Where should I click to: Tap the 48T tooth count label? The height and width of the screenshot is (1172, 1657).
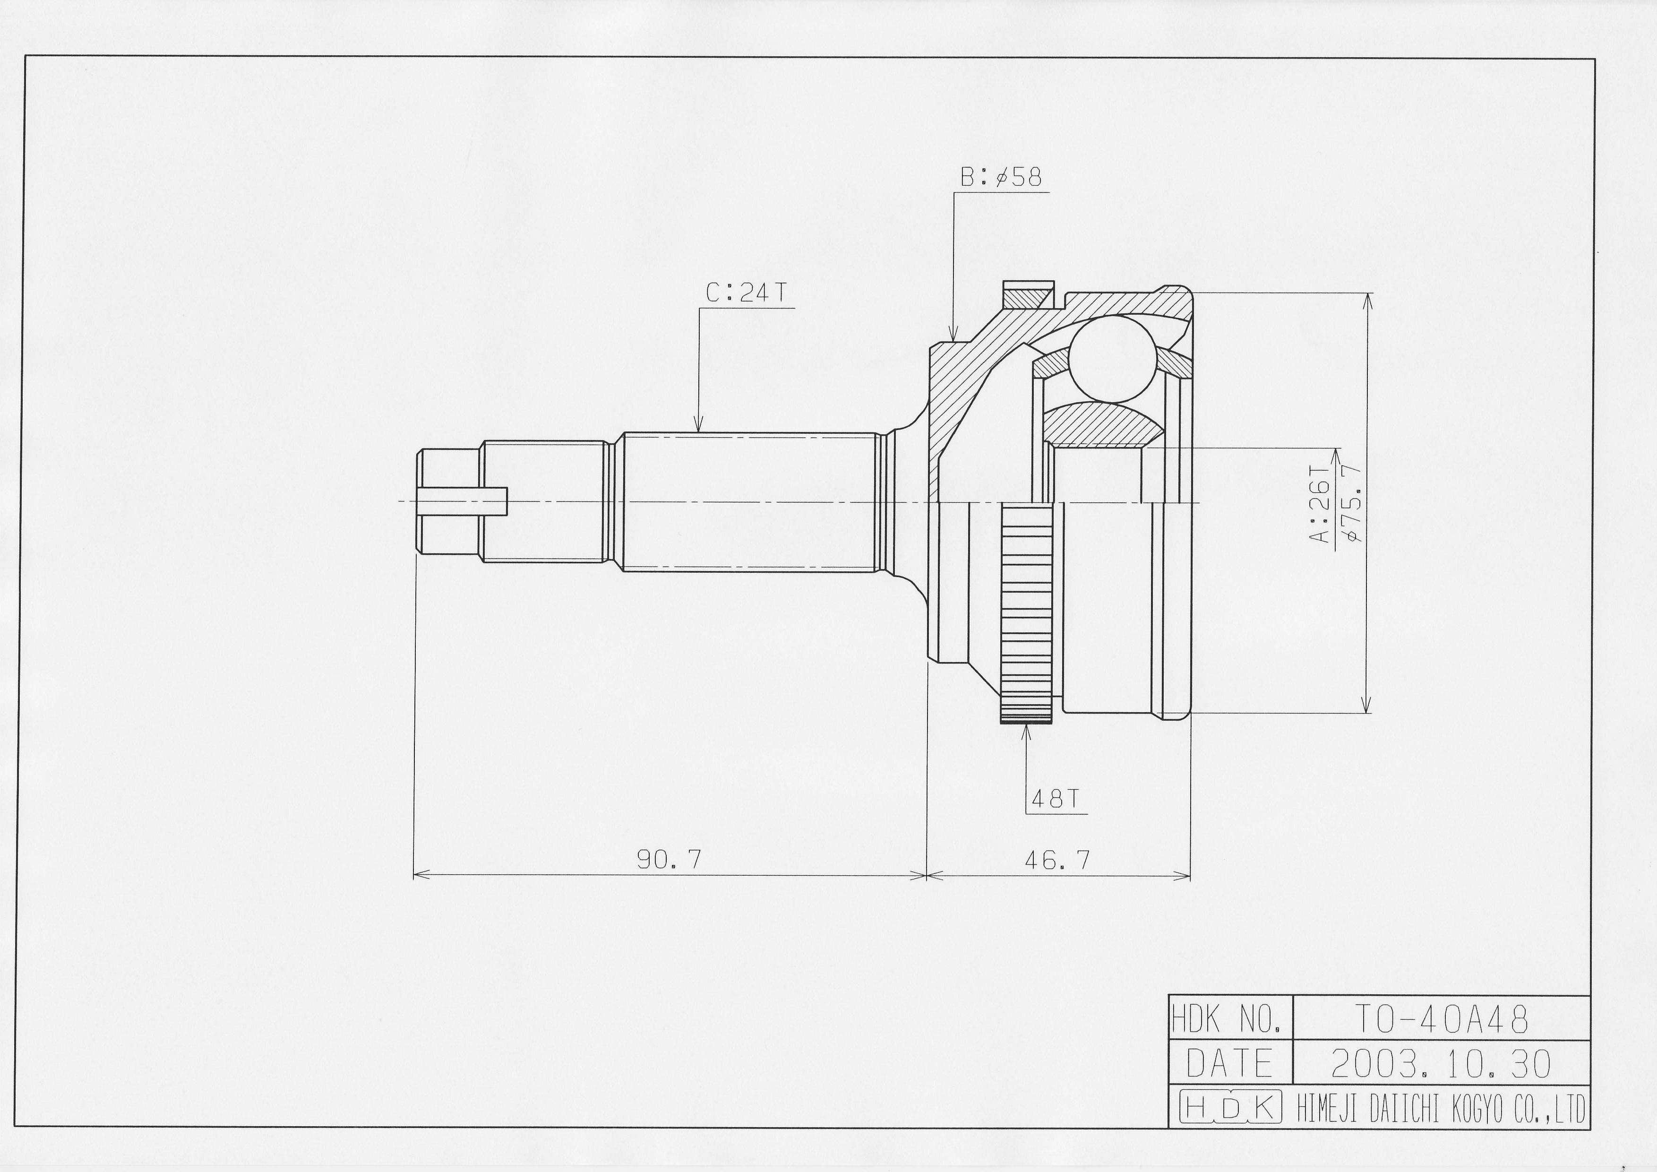[x=1055, y=799]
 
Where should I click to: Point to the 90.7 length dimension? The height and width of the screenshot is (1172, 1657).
[x=669, y=859]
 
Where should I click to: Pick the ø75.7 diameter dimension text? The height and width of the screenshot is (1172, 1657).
[x=1352, y=502]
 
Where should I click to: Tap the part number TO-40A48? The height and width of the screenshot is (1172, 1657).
[x=1441, y=1020]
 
